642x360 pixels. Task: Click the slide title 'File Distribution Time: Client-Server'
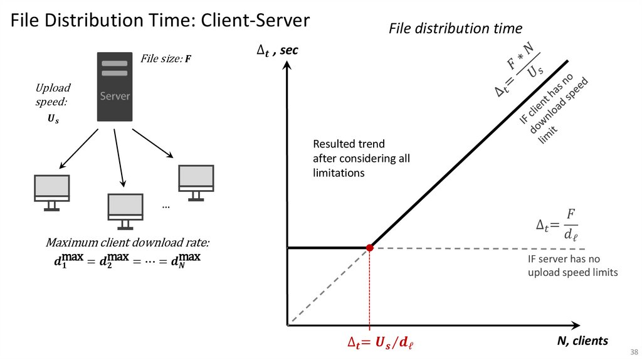point(159,21)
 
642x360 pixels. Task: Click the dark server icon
point(114,87)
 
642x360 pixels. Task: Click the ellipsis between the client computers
point(166,205)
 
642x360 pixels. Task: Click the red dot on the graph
point(370,248)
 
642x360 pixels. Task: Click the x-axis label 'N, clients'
point(582,341)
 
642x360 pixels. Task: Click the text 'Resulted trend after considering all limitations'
point(361,158)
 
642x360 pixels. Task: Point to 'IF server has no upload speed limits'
point(572,265)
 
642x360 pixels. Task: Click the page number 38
point(634,351)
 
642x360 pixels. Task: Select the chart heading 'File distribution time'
point(455,29)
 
